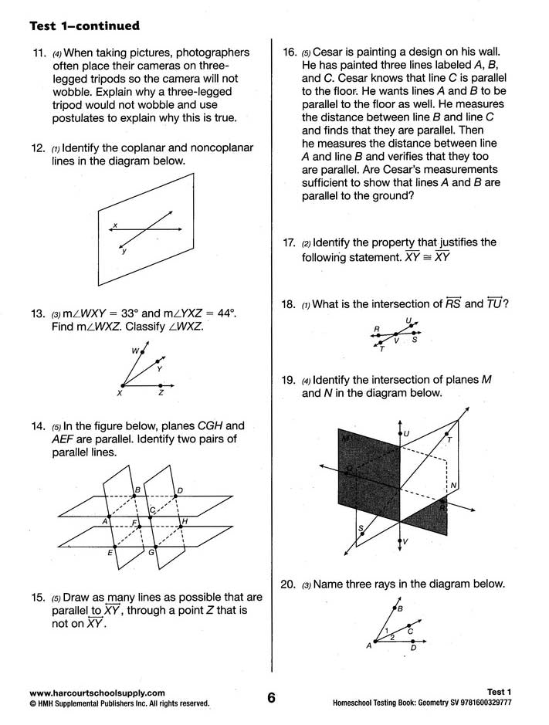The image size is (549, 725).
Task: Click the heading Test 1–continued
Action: [x=84, y=26]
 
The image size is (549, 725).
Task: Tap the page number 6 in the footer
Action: [x=271, y=698]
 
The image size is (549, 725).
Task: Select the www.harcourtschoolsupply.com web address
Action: [x=97, y=693]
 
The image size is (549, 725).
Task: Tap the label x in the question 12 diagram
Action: [x=114, y=225]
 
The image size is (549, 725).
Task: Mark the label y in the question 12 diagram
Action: [x=124, y=251]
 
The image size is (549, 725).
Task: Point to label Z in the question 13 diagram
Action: [x=161, y=394]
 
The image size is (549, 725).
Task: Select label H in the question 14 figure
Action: [x=185, y=522]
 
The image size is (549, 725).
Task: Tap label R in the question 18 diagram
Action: [x=376, y=329]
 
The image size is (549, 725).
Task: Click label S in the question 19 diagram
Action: [x=360, y=528]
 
